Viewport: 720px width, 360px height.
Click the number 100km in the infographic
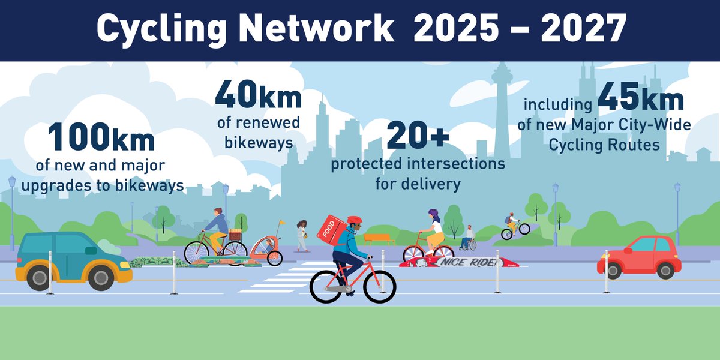click(x=102, y=137)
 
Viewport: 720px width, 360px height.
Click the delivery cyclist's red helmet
click(x=355, y=221)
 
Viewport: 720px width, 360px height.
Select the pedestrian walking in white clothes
click(x=302, y=234)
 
